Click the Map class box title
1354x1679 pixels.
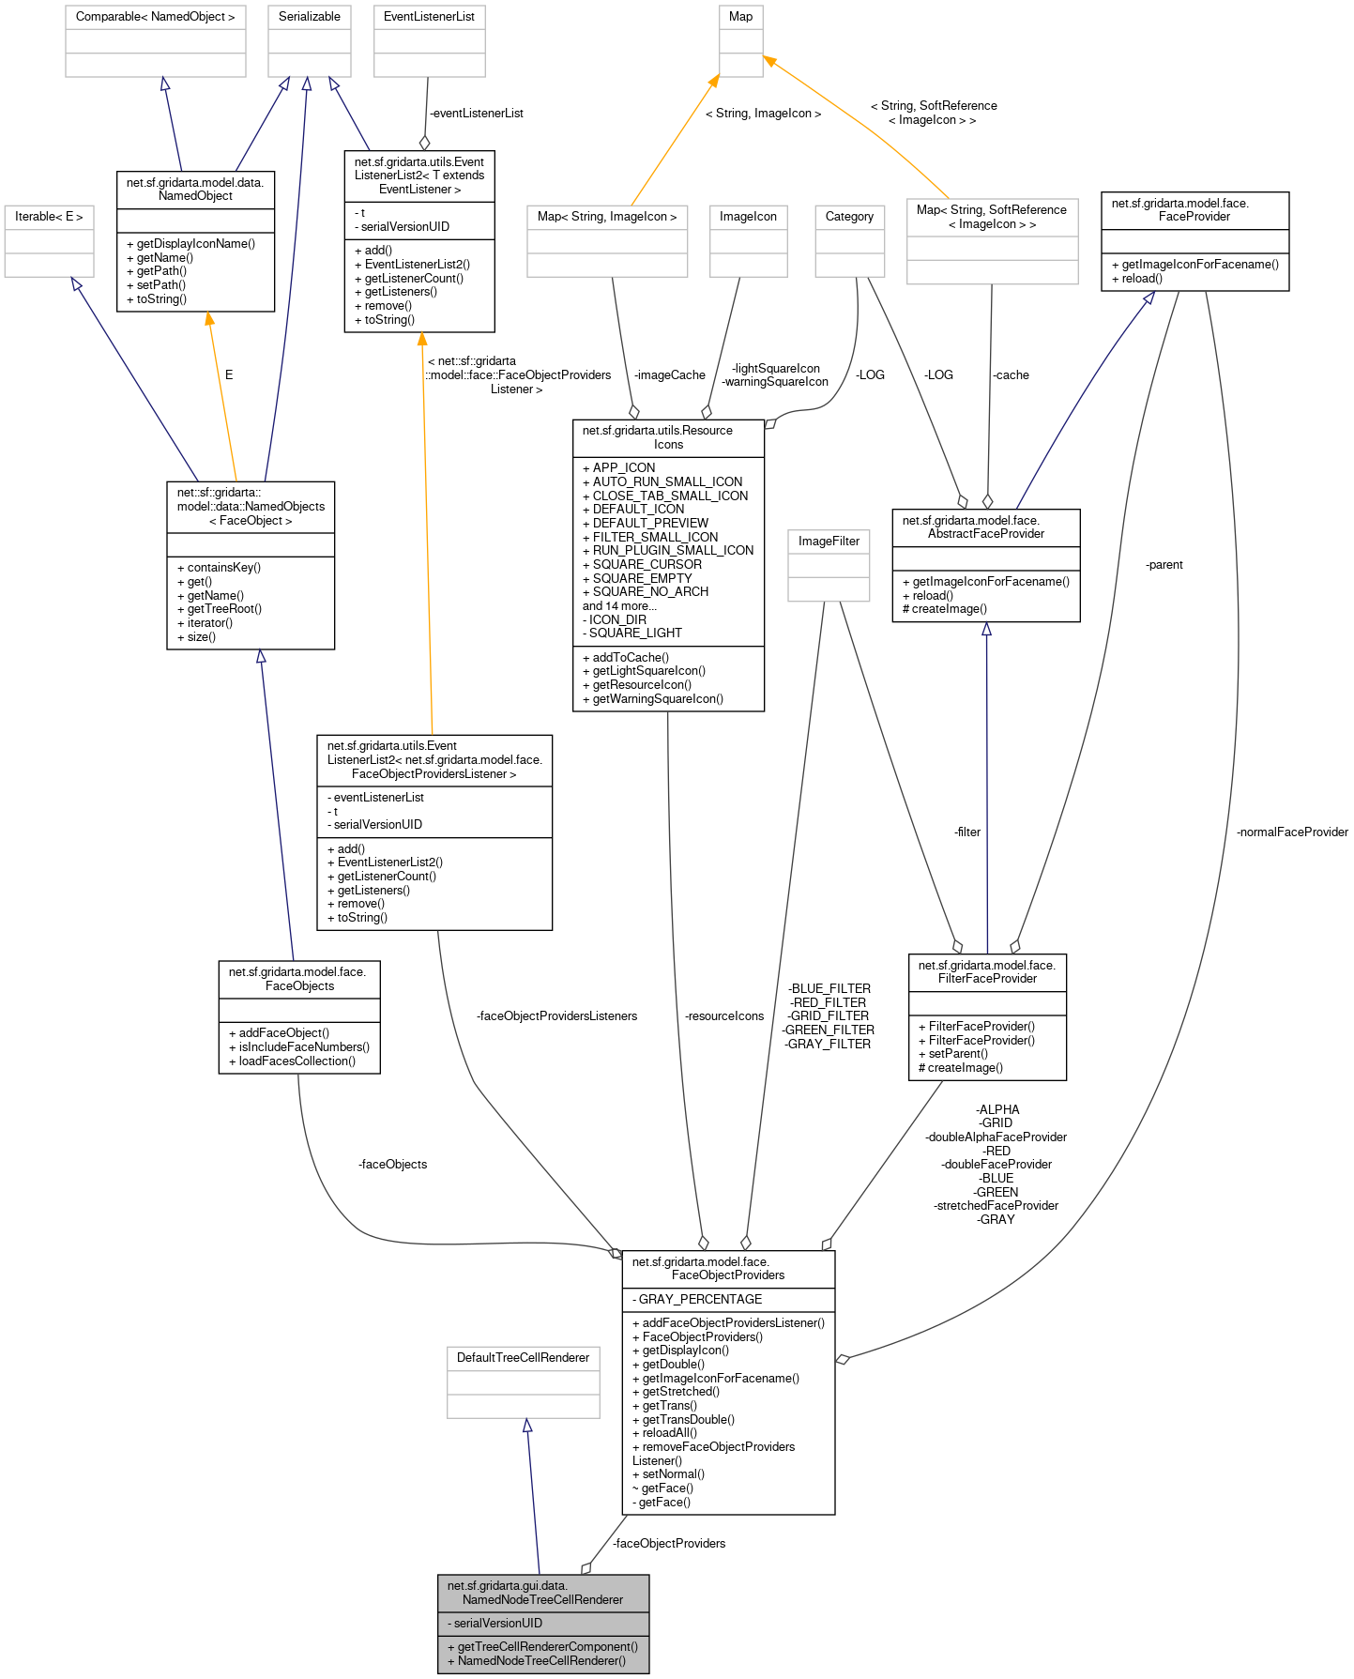pos(740,17)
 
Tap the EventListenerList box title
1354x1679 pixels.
pos(429,17)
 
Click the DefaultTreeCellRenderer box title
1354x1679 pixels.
pos(523,1358)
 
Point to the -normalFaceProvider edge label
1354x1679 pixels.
pos(1292,832)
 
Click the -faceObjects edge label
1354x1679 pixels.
pos(392,1165)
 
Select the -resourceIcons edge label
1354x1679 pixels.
pos(724,1016)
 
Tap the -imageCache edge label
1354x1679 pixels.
pos(669,375)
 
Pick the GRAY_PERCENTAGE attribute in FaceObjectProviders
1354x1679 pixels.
pos(700,1300)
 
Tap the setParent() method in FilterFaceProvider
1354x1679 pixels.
pos(958,1054)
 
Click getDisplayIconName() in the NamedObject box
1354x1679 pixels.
pos(195,244)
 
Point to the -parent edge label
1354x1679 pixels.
pos(1164,565)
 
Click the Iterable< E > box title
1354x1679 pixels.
pos(49,217)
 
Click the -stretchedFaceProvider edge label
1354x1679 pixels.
pos(996,1206)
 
